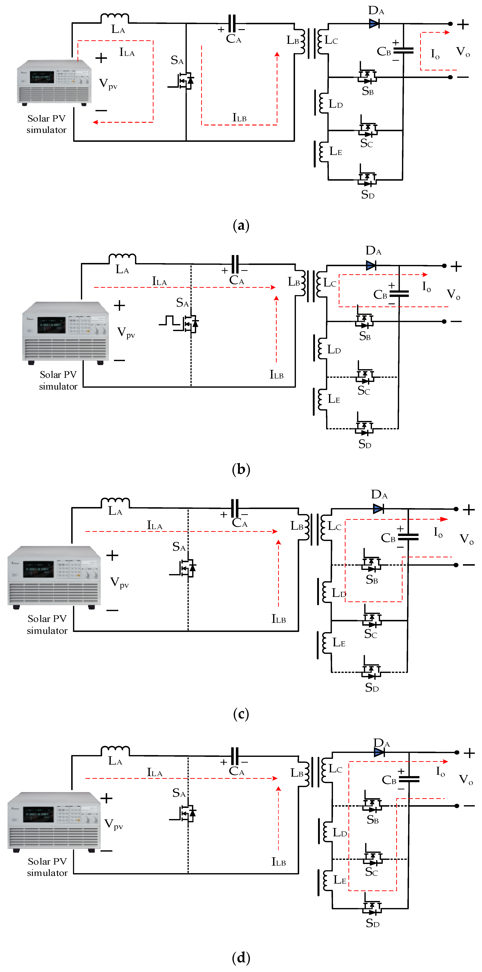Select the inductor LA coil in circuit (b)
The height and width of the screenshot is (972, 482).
122,259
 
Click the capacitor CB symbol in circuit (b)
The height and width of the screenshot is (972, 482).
399,294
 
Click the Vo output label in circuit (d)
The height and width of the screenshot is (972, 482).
466,780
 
